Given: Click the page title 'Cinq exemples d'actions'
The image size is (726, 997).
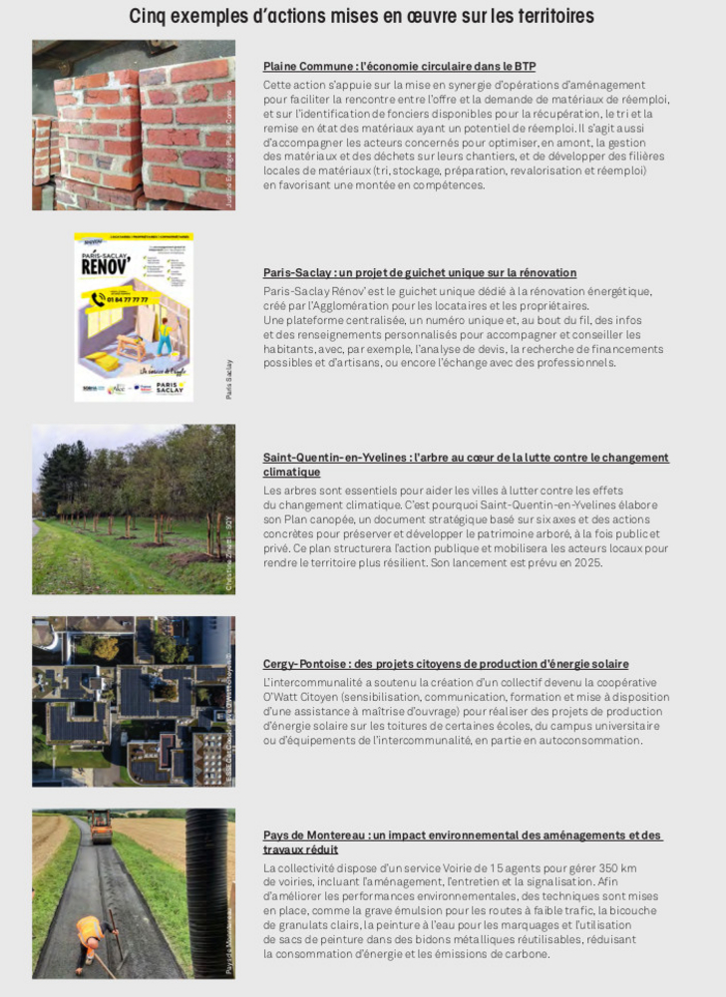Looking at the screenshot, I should tap(362, 16).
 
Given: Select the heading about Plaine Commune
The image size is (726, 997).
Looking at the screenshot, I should tap(399, 66).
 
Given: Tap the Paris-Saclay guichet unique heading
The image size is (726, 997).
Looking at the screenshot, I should tap(419, 272).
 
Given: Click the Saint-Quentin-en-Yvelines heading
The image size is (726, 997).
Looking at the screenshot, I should tap(466, 458).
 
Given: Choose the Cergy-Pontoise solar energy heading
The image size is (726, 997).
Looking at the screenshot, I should tap(446, 664).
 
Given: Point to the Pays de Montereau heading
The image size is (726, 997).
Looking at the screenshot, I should tap(463, 835).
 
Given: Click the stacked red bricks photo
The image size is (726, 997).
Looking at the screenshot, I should tap(133, 125).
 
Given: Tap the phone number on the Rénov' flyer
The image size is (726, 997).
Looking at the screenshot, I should tap(126, 298).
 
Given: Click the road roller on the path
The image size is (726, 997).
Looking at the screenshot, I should tap(101, 826).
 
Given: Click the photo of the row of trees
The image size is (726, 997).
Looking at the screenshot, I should tap(133, 508).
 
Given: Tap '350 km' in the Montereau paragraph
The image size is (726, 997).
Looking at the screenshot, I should tap(616, 867).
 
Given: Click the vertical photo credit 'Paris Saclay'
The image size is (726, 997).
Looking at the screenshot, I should tap(228, 380).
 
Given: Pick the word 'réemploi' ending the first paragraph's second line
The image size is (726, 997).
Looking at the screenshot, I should tap(644, 99).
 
